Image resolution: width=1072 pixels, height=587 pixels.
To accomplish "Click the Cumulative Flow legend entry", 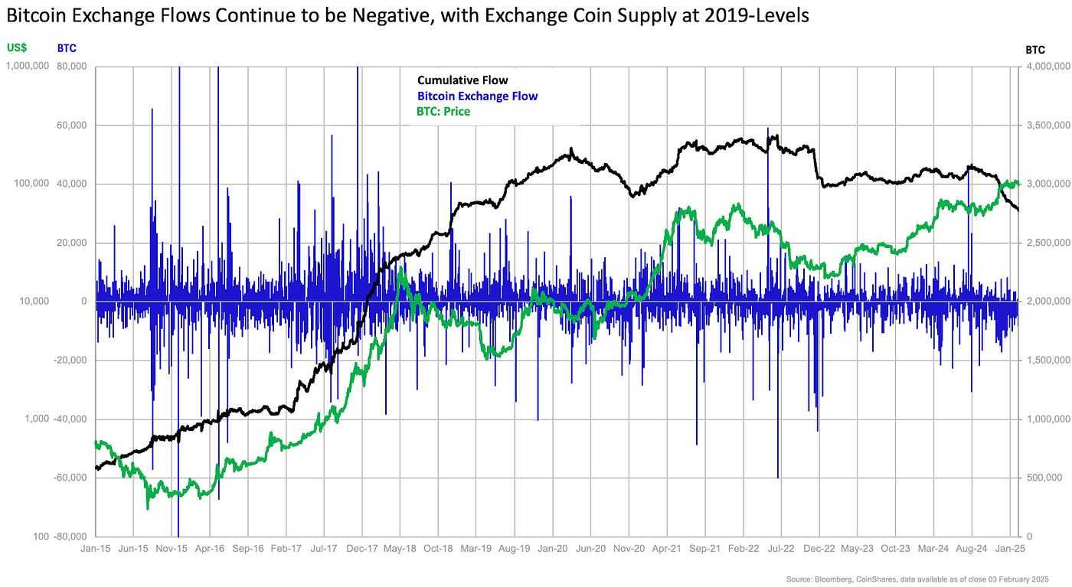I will tap(462, 80).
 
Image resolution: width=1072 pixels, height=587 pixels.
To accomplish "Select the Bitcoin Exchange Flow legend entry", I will tap(477, 96).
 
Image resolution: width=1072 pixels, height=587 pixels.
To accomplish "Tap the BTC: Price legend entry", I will tap(443, 112).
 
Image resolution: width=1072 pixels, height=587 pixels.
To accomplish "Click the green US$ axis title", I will tap(17, 48).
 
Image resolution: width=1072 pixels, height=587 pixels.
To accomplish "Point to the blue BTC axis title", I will tap(67, 48).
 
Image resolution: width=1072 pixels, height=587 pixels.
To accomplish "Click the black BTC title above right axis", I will tap(1035, 50).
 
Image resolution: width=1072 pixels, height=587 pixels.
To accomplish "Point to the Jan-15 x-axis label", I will tap(96, 549).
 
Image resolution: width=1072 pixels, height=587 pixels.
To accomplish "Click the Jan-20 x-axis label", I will tap(551, 549).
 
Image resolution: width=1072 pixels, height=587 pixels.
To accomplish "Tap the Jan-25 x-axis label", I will tap(1008, 549).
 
